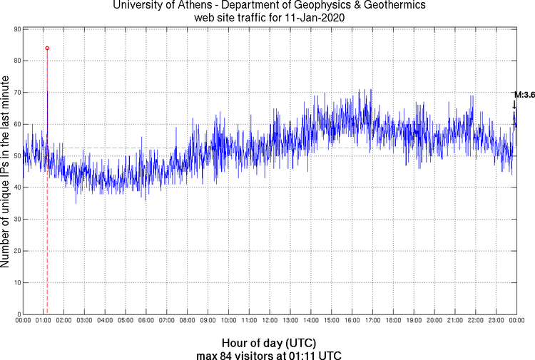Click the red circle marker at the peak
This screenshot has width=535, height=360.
tap(47, 48)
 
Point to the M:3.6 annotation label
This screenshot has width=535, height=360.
tap(524, 95)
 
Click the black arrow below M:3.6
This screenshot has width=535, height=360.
tap(514, 105)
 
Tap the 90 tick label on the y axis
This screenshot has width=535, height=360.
tap(16, 29)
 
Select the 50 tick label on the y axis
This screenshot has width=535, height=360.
tap(16, 156)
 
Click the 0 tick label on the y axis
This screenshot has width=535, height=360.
tap(18, 314)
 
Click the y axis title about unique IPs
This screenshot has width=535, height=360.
tap(6, 170)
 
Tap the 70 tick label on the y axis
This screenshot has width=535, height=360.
tap(16, 93)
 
